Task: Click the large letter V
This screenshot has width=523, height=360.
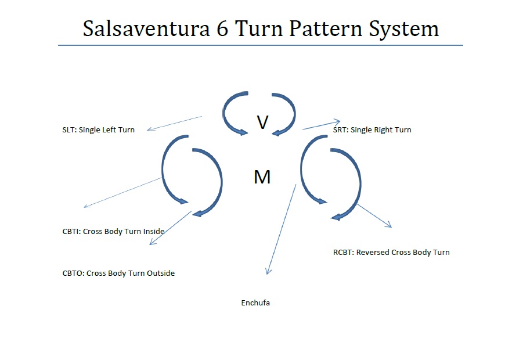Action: click(262, 122)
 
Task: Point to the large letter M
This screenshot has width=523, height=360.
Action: click(262, 177)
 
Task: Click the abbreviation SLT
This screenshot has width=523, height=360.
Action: click(68, 130)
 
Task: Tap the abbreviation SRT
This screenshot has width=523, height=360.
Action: click(340, 130)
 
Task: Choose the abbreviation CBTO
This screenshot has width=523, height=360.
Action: click(73, 273)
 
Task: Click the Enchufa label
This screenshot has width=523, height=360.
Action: click(255, 303)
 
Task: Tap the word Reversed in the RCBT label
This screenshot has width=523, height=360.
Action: click(373, 253)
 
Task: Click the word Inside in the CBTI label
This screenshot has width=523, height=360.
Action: click(153, 232)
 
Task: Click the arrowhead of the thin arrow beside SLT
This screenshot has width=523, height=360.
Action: click(149, 129)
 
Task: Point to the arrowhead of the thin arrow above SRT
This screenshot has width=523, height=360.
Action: click(338, 121)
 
